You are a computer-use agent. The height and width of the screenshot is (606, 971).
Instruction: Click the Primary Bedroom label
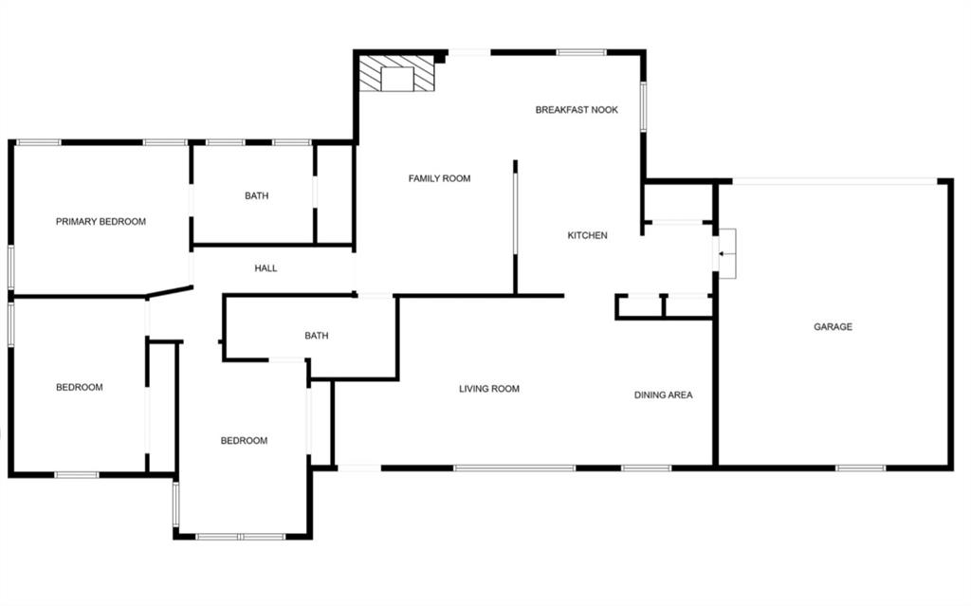(101, 222)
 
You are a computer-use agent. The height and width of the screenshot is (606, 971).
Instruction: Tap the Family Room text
(439, 178)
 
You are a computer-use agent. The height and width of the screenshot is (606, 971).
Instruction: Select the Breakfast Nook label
(577, 110)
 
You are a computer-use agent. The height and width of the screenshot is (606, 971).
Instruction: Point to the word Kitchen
(587, 235)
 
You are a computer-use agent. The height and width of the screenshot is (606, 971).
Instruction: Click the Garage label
(833, 327)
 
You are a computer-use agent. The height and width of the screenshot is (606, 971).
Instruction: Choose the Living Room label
(489, 389)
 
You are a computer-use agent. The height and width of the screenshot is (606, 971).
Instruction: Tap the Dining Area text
(663, 395)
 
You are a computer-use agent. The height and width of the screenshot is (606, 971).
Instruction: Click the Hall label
(266, 268)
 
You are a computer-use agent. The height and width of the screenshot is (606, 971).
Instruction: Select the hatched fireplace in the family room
(397, 74)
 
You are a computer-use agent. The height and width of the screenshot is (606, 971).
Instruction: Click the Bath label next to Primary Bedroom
(256, 196)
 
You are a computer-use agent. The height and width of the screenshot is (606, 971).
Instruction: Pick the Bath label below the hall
(316, 336)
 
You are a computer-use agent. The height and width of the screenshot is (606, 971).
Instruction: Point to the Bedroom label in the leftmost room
(79, 387)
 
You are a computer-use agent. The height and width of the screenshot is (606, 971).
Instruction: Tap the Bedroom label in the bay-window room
(244, 440)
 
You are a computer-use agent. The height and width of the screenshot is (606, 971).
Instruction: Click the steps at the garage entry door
(726, 254)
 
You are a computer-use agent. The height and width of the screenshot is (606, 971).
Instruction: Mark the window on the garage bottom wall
(860, 468)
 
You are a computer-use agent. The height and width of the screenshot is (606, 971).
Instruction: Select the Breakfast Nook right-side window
(643, 106)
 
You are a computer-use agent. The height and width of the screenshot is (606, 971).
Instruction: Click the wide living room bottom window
(514, 468)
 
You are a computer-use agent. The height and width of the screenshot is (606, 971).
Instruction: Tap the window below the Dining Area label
(647, 468)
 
